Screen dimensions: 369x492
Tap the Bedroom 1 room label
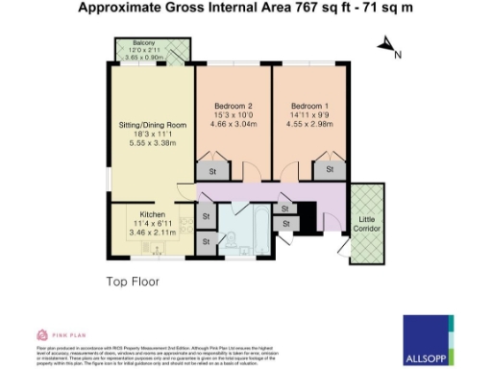pyautogui.click(x=310, y=105)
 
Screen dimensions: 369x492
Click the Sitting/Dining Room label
pyautogui.click(x=151, y=125)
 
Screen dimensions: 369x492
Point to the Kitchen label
pyautogui.click(x=154, y=213)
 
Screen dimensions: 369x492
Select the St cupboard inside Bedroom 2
pyautogui.click(x=212, y=172)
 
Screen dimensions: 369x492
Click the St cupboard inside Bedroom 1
pyautogui.click(x=329, y=170)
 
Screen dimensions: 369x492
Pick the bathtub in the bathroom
pyautogui.click(x=258, y=226)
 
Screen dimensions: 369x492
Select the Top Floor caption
pyautogui.click(x=132, y=282)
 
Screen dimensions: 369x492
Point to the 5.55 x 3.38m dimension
pyautogui.click(x=151, y=143)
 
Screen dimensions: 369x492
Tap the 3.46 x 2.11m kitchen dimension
pyautogui.click(x=154, y=233)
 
